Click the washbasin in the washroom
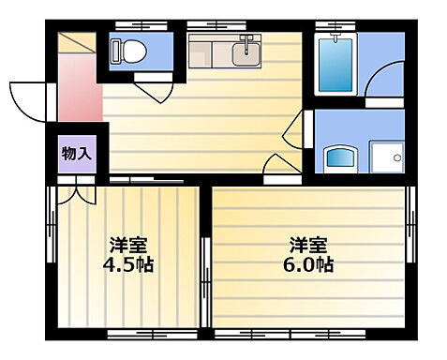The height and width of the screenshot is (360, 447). tap(336, 157)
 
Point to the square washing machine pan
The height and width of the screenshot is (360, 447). tap(386, 157)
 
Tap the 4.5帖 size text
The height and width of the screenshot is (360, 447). tap(128, 263)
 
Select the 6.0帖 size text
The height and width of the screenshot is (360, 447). tap(308, 263)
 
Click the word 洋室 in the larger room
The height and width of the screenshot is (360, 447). tap(308, 245)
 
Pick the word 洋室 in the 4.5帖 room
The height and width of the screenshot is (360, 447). tap(128, 245)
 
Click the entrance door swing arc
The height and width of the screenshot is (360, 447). tap(28, 95)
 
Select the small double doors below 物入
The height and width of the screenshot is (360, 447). tap(75, 195)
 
